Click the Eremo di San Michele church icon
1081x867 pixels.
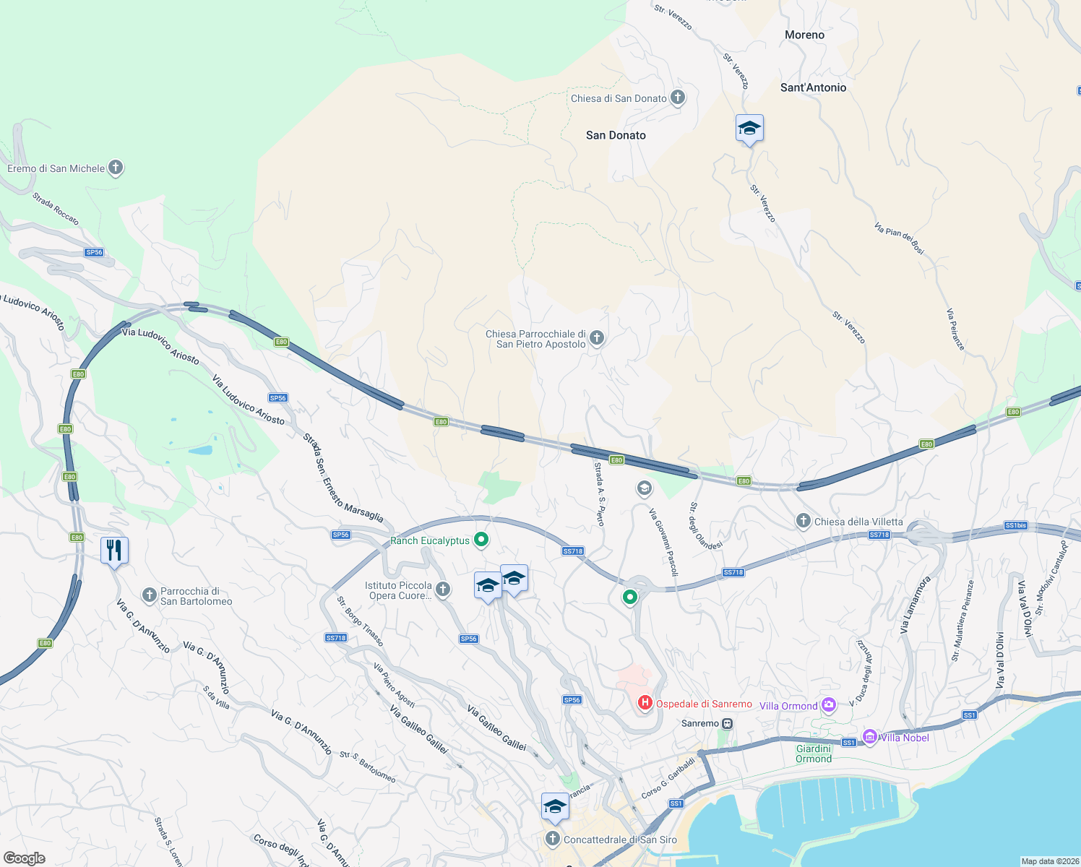(x=116, y=168)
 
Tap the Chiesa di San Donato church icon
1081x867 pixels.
(x=678, y=98)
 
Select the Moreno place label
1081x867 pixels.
(x=804, y=35)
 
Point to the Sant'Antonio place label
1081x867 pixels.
(x=813, y=87)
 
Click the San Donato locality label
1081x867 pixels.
(x=616, y=135)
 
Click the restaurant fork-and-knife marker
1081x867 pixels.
(x=114, y=551)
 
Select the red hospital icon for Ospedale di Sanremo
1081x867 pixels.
(x=645, y=702)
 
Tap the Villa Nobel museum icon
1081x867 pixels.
(x=870, y=737)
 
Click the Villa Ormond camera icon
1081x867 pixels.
(x=829, y=704)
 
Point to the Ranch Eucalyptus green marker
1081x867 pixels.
(x=481, y=540)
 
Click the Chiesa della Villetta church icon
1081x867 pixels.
(x=803, y=521)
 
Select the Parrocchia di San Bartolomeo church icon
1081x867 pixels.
(x=150, y=595)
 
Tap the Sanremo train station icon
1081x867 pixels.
(x=728, y=723)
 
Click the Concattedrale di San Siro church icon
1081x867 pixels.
(x=553, y=839)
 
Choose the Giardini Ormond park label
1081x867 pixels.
(x=814, y=754)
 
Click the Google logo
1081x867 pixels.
(x=25, y=858)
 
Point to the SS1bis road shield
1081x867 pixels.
(x=1015, y=525)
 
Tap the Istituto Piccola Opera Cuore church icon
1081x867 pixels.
(x=443, y=590)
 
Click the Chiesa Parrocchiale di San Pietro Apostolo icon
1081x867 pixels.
(x=597, y=338)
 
